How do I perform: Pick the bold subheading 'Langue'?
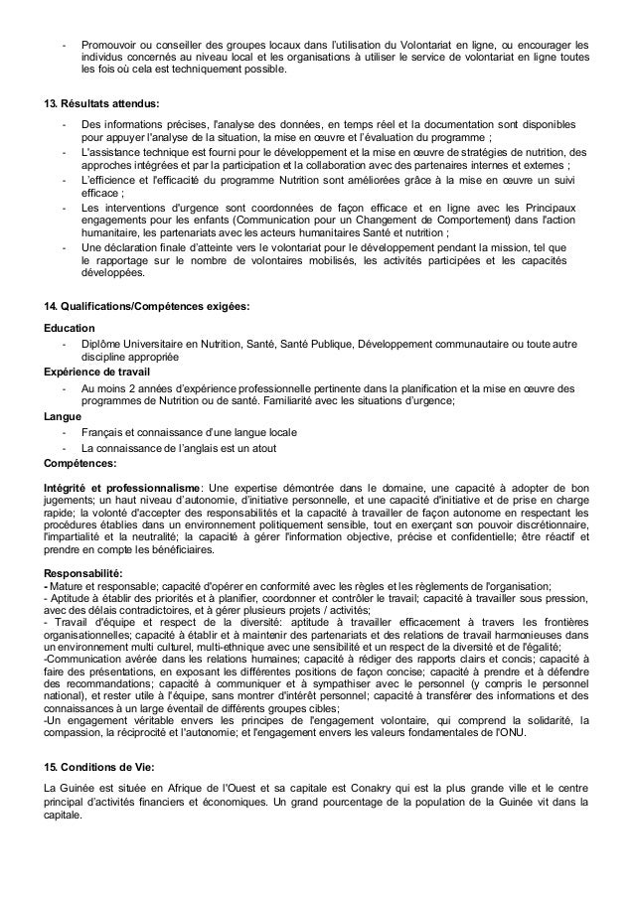tap(62, 416)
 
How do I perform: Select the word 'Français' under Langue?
tap(102, 433)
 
